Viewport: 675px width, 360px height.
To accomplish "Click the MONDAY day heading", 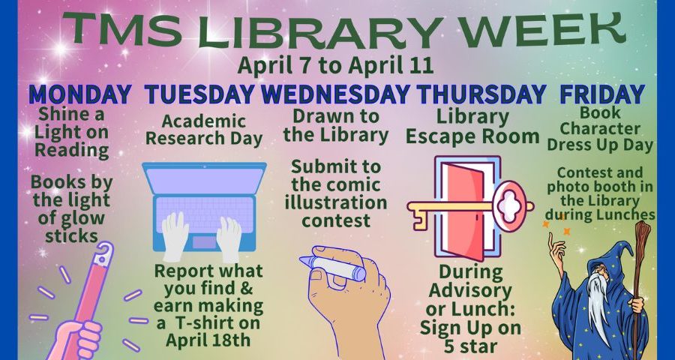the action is [80, 94].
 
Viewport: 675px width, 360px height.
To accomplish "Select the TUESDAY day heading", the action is [199, 94].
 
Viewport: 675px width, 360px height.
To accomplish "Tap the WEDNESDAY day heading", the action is [335, 94].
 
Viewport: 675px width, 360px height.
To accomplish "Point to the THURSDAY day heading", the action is [481, 94].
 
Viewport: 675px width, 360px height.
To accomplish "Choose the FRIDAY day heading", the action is [602, 94].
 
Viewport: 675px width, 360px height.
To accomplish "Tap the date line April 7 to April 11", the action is [335, 66].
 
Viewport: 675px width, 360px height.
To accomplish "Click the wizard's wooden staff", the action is [639, 289].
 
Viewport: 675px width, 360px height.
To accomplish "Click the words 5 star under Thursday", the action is [470, 345].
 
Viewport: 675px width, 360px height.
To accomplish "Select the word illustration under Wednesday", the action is [336, 202].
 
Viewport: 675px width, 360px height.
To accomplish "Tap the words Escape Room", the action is [472, 136].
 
